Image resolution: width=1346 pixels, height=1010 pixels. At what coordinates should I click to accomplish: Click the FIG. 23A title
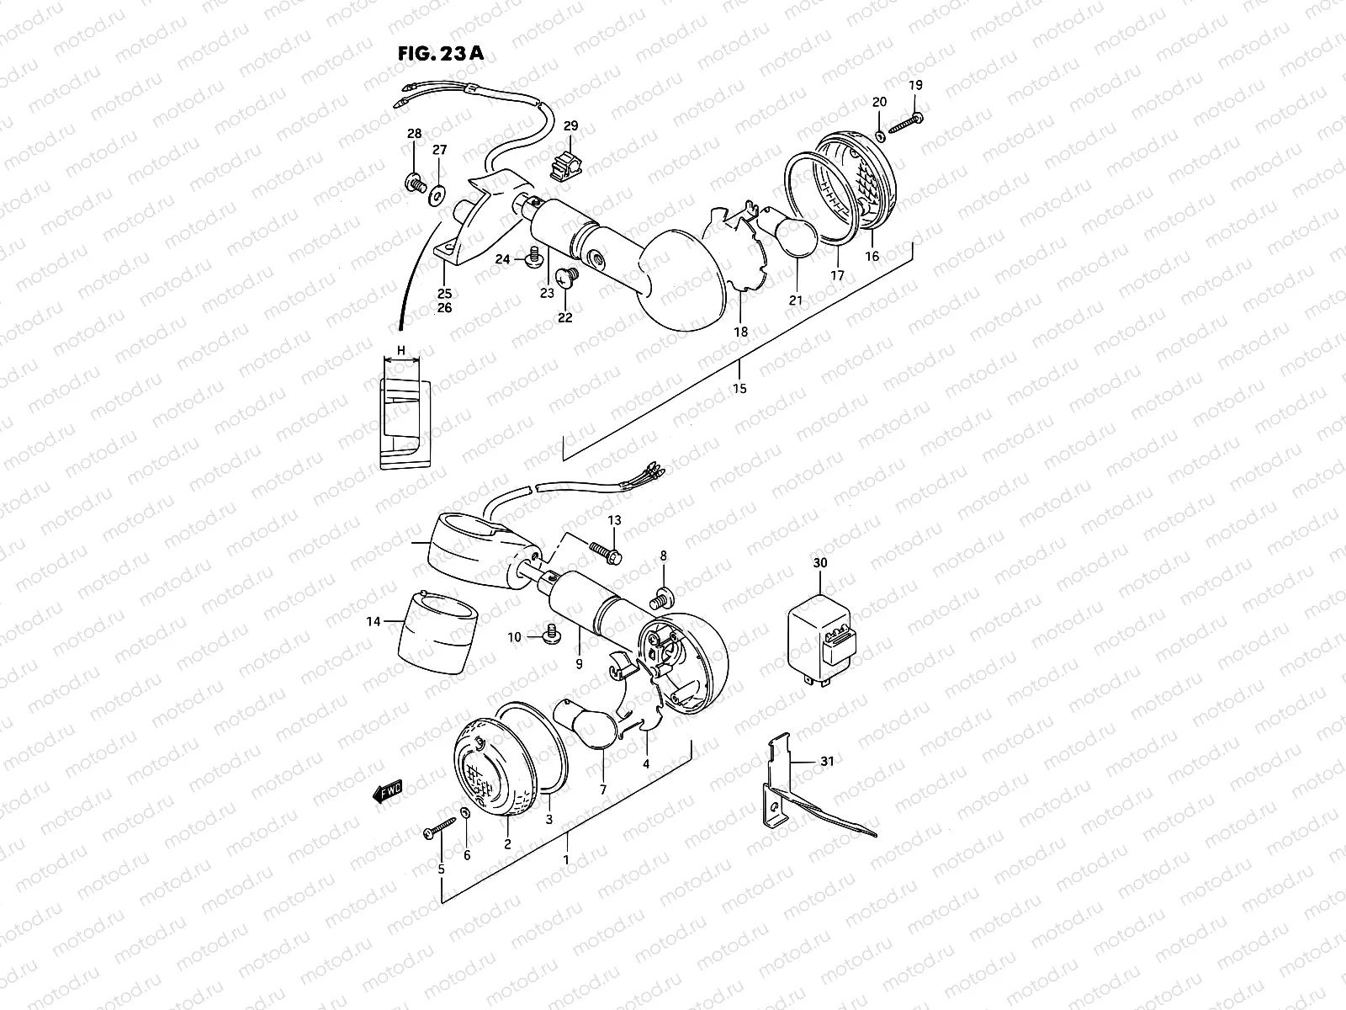coord(440,54)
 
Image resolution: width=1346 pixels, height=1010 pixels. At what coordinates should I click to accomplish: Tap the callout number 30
coord(820,562)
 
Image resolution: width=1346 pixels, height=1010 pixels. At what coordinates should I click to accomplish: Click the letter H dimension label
coord(401,349)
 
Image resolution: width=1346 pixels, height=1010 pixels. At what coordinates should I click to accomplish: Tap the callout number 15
coord(739,388)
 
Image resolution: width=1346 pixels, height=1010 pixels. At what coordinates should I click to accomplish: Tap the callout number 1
coord(566,860)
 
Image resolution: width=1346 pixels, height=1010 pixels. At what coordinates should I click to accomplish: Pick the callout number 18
coord(740,332)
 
